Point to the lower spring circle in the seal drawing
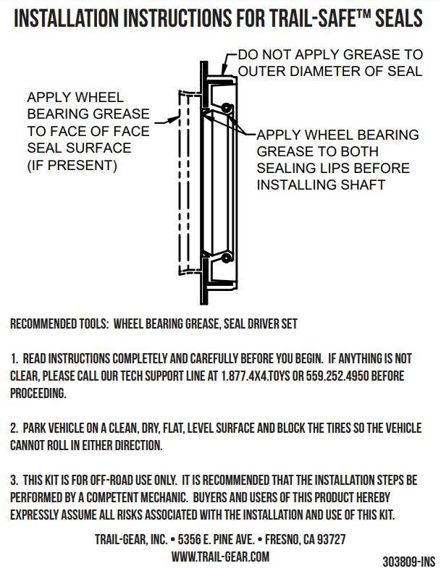pyautogui.click(x=227, y=258)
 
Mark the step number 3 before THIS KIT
pyautogui.click(x=14, y=481)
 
